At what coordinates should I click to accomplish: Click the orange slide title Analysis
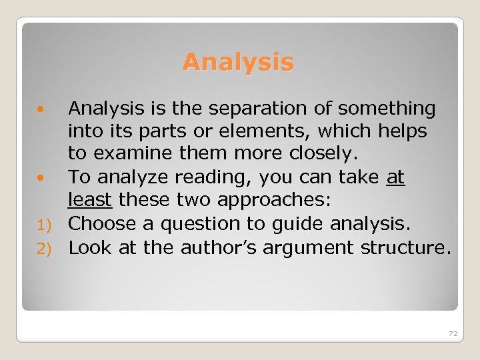click(x=238, y=62)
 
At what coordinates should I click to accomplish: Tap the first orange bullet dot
click(x=41, y=107)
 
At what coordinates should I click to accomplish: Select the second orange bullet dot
click(x=41, y=177)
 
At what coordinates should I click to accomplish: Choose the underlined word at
click(x=395, y=177)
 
